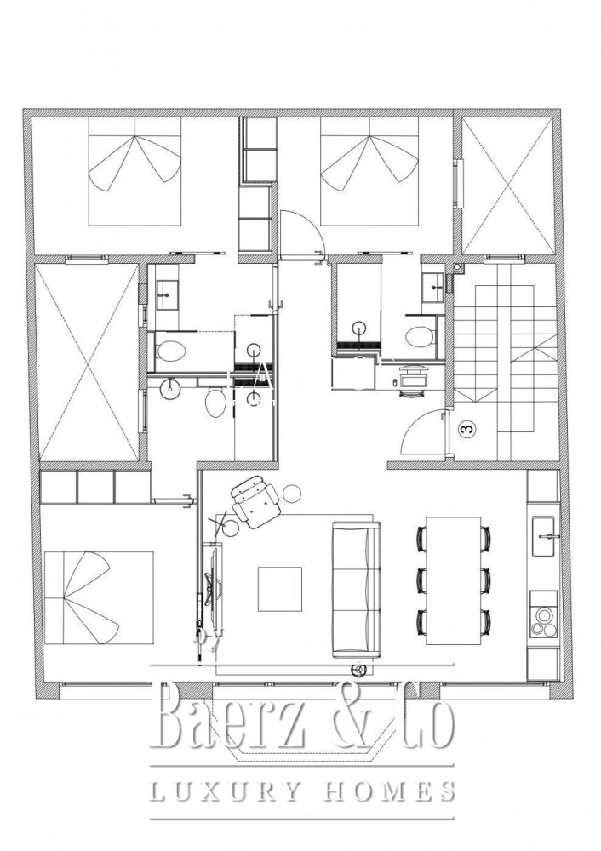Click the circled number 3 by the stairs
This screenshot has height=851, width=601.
466,429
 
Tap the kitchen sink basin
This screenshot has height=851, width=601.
542,536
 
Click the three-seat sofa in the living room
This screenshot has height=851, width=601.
356,589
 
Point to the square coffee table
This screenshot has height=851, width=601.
279,589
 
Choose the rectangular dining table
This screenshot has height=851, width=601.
454,580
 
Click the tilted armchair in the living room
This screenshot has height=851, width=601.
255,501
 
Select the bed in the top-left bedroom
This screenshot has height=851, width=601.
135,172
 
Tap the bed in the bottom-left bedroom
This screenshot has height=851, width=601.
99,598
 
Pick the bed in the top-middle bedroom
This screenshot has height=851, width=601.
369,172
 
